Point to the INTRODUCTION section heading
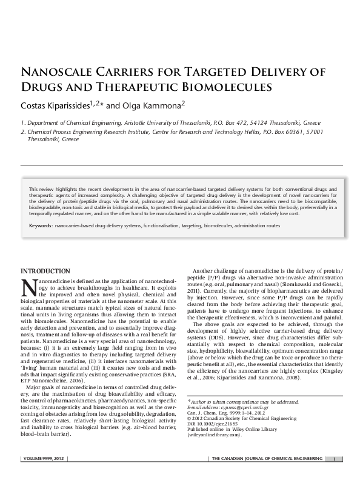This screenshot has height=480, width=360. click(45, 270)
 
